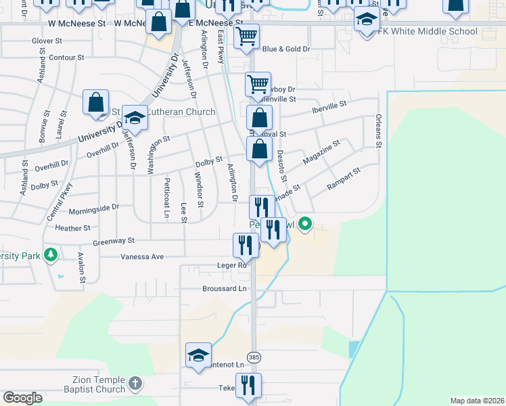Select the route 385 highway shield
click(x=254, y=357)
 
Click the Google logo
click(x=23, y=398)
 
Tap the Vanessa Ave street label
click(x=142, y=257)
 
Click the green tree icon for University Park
click(x=49, y=255)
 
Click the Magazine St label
click(x=321, y=152)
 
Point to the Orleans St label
click(x=379, y=131)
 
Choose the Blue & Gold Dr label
click(x=285, y=49)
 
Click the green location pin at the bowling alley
click(x=305, y=222)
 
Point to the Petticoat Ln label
click(x=166, y=198)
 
